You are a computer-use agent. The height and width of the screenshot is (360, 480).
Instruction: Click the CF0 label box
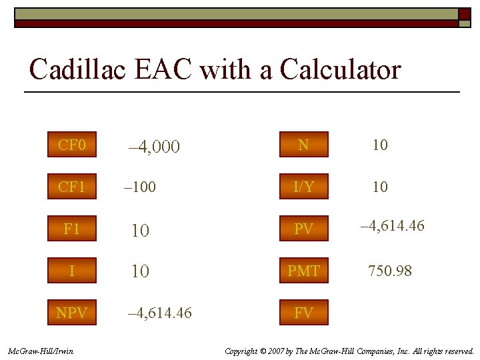[71, 145]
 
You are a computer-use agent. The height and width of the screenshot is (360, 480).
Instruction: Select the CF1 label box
[71, 187]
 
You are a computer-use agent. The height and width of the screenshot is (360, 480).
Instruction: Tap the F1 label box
[71, 229]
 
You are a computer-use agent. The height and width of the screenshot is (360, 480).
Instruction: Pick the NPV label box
[71, 312]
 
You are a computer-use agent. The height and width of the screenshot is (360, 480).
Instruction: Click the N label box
[303, 145]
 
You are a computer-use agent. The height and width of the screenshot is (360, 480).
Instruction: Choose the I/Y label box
[303, 187]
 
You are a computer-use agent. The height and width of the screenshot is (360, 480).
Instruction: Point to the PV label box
[303, 229]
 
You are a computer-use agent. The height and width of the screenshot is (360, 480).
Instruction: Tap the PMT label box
[303, 271]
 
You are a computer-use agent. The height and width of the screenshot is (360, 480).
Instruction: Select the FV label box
[303, 312]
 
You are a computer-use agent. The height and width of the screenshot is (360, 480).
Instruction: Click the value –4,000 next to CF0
[153, 147]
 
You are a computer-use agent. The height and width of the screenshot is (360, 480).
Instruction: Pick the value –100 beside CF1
[140, 187]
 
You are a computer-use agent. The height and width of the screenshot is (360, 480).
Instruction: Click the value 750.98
[390, 271]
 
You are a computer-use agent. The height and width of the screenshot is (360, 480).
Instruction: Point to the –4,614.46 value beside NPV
[159, 312]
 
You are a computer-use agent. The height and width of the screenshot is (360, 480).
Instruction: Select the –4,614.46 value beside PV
[392, 226]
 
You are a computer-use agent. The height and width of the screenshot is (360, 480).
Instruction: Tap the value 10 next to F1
[140, 231]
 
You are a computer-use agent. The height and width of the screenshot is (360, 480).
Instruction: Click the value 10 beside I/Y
[380, 187]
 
